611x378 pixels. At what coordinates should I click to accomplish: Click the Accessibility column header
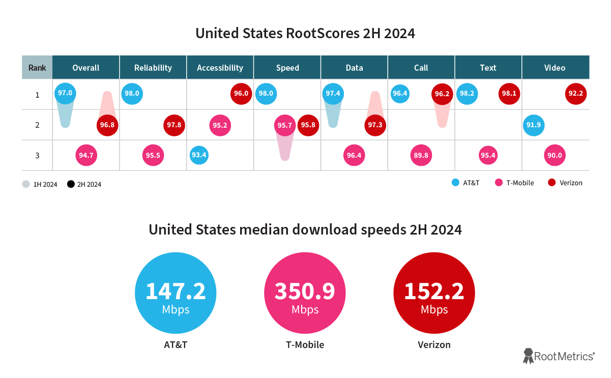click(220, 68)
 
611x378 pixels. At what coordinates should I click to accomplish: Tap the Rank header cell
click(37, 68)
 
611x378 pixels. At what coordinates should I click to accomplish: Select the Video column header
click(555, 68)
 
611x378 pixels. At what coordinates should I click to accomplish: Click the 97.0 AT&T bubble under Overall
click(65, 93)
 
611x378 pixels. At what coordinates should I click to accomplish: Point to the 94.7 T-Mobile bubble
click(86, 155)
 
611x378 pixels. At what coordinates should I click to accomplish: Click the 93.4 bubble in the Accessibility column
click(199, 155)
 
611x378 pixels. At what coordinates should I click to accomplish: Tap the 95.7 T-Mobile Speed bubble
click(284, 125)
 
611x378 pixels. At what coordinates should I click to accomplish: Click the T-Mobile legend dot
click(499, 183)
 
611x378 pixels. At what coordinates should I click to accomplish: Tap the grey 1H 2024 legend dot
click(26, 184)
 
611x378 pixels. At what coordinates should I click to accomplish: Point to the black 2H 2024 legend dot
click(71, 184)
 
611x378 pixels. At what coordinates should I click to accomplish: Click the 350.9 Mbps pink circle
click(305, 295)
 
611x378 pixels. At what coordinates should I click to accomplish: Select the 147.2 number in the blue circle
click(176, 291)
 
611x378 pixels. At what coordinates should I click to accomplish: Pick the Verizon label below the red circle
click(434, 344)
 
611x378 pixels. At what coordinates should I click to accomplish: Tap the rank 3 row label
click(37, 155)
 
